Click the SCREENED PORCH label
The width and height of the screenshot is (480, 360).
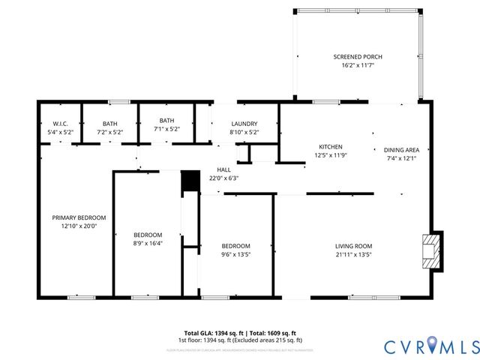(355, 57)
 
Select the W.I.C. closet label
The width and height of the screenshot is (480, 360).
(61, 124)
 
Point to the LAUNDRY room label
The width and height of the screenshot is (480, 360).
(244, 124)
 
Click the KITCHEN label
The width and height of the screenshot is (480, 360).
(330, 146)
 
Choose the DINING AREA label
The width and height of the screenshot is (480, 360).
(401, 149)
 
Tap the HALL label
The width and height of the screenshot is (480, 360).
(223, 169)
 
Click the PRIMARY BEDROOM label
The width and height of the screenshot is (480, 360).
(79, 217)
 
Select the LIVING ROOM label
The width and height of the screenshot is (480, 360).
(352, 246)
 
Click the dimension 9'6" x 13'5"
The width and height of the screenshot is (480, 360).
(235, 254)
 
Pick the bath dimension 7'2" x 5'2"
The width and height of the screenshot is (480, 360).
(110, 132)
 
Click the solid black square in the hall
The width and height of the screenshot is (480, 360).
(191, 181)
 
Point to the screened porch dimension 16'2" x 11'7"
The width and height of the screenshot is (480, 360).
(355, 65)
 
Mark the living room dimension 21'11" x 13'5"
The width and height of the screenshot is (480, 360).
(352, 254)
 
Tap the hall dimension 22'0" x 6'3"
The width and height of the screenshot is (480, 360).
(223, 178)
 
